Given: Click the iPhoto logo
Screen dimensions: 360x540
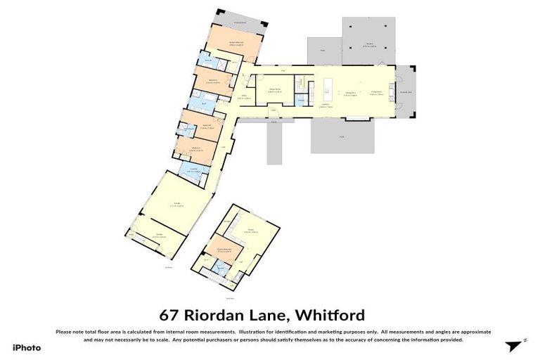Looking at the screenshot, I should point(27,347).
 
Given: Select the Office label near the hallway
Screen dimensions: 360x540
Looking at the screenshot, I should point(243,98).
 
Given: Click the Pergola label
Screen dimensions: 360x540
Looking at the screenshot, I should point(369,46).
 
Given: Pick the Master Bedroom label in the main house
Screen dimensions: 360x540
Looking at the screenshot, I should point(235,44).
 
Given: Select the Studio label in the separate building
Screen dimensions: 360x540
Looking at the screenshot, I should point(250,229).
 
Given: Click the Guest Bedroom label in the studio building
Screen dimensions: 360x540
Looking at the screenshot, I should point(224,250).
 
